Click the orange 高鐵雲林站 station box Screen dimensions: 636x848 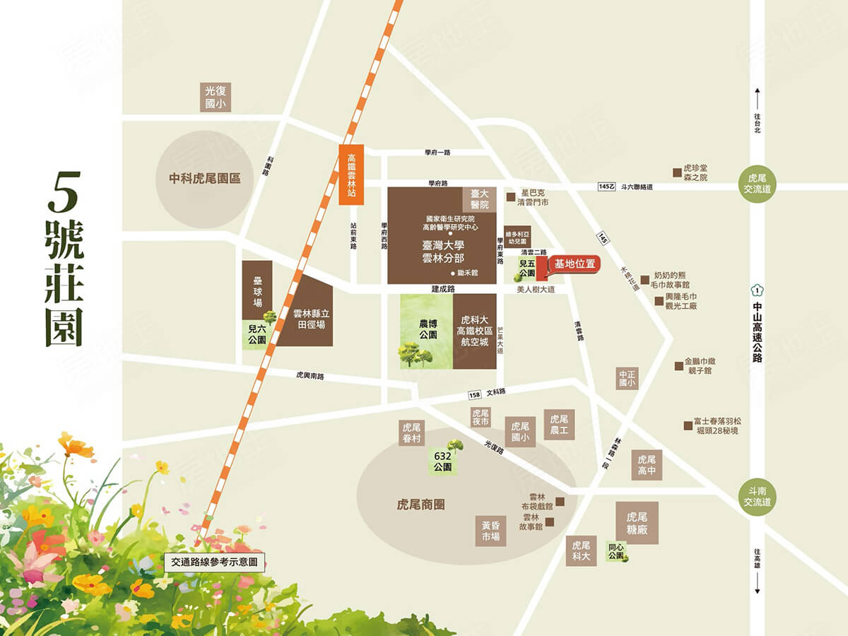coord(351,175)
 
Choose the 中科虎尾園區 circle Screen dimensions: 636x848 coord(205,178)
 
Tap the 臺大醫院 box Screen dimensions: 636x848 coord(480,199)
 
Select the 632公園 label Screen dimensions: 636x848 coord(444,462)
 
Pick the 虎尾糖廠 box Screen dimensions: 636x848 coord(637,523)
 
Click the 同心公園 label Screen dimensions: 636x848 coord(616,550)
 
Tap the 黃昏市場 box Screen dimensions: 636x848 coord(491,531)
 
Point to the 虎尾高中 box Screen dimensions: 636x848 coord(647,464)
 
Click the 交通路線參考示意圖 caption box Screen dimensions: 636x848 coord(215,563)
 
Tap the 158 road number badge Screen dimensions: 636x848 coord(473,394)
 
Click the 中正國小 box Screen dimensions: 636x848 coord(627,378)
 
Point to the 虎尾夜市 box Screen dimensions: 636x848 coord(481,418)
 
